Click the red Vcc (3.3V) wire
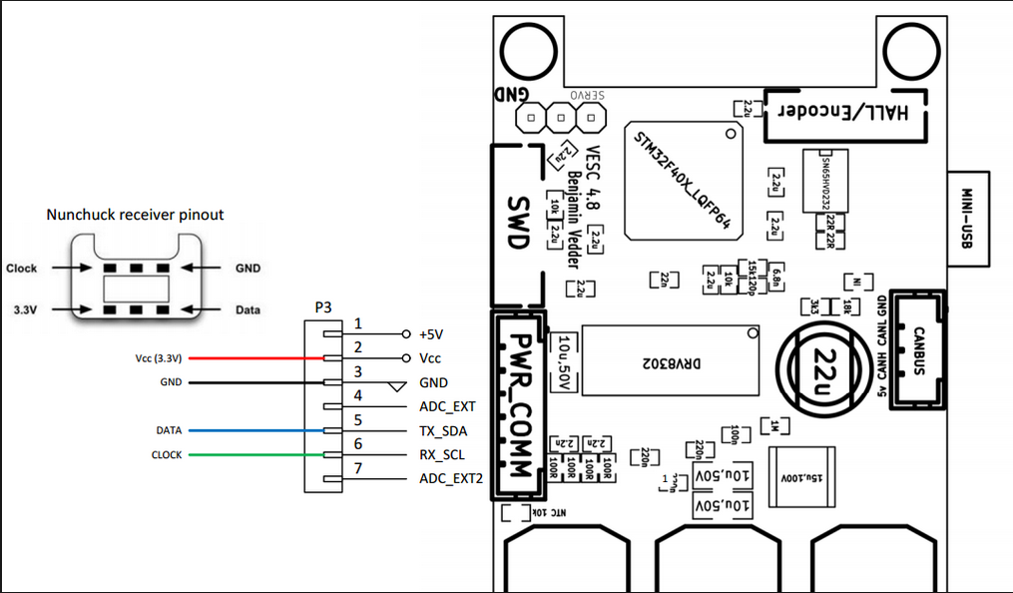tap(254, 357)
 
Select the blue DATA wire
tap(254, 431)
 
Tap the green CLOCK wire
tap(254, 455)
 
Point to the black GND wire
tap(254, 382)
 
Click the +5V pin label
tap(434, 333)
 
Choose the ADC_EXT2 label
tap(451, 479)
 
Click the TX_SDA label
tap(443, 431)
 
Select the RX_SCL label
tap(443, 455)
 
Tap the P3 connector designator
tap(323, 308)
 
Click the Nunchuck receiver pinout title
tap(136, 215)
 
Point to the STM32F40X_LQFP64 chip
tap(685, 182)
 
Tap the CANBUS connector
tap(916, 338)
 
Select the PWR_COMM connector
tap(518, 399)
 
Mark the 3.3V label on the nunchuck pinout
tap(25, 309)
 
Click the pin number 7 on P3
tap(357, 468)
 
